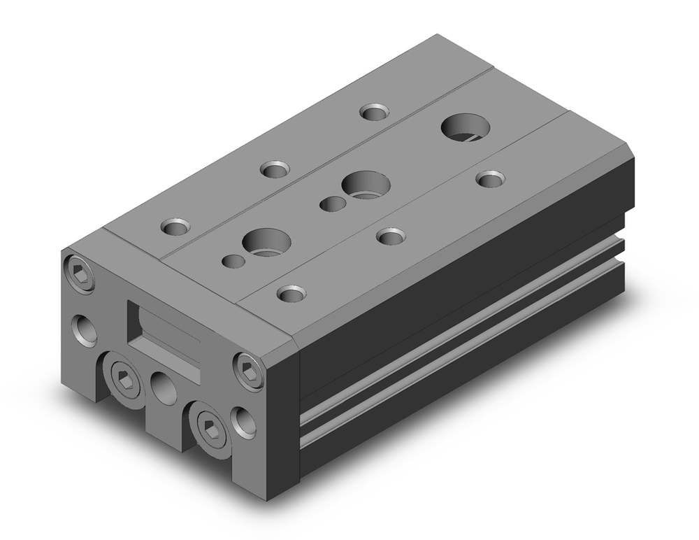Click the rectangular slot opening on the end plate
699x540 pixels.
tap(164, 329)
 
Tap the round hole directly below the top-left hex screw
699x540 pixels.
tap(85, 327)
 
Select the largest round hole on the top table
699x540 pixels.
tap(466, 127)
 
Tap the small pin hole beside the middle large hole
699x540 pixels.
tap(331, 204)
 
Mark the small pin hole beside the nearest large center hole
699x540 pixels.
tap(233, 261)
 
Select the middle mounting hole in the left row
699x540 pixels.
tap(275, 169)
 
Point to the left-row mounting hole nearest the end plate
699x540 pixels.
tap(175, 227)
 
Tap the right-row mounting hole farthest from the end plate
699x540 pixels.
tap(491, 179)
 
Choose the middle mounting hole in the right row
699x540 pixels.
tap(391, 235)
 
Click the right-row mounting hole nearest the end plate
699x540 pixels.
tap(291, 293)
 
